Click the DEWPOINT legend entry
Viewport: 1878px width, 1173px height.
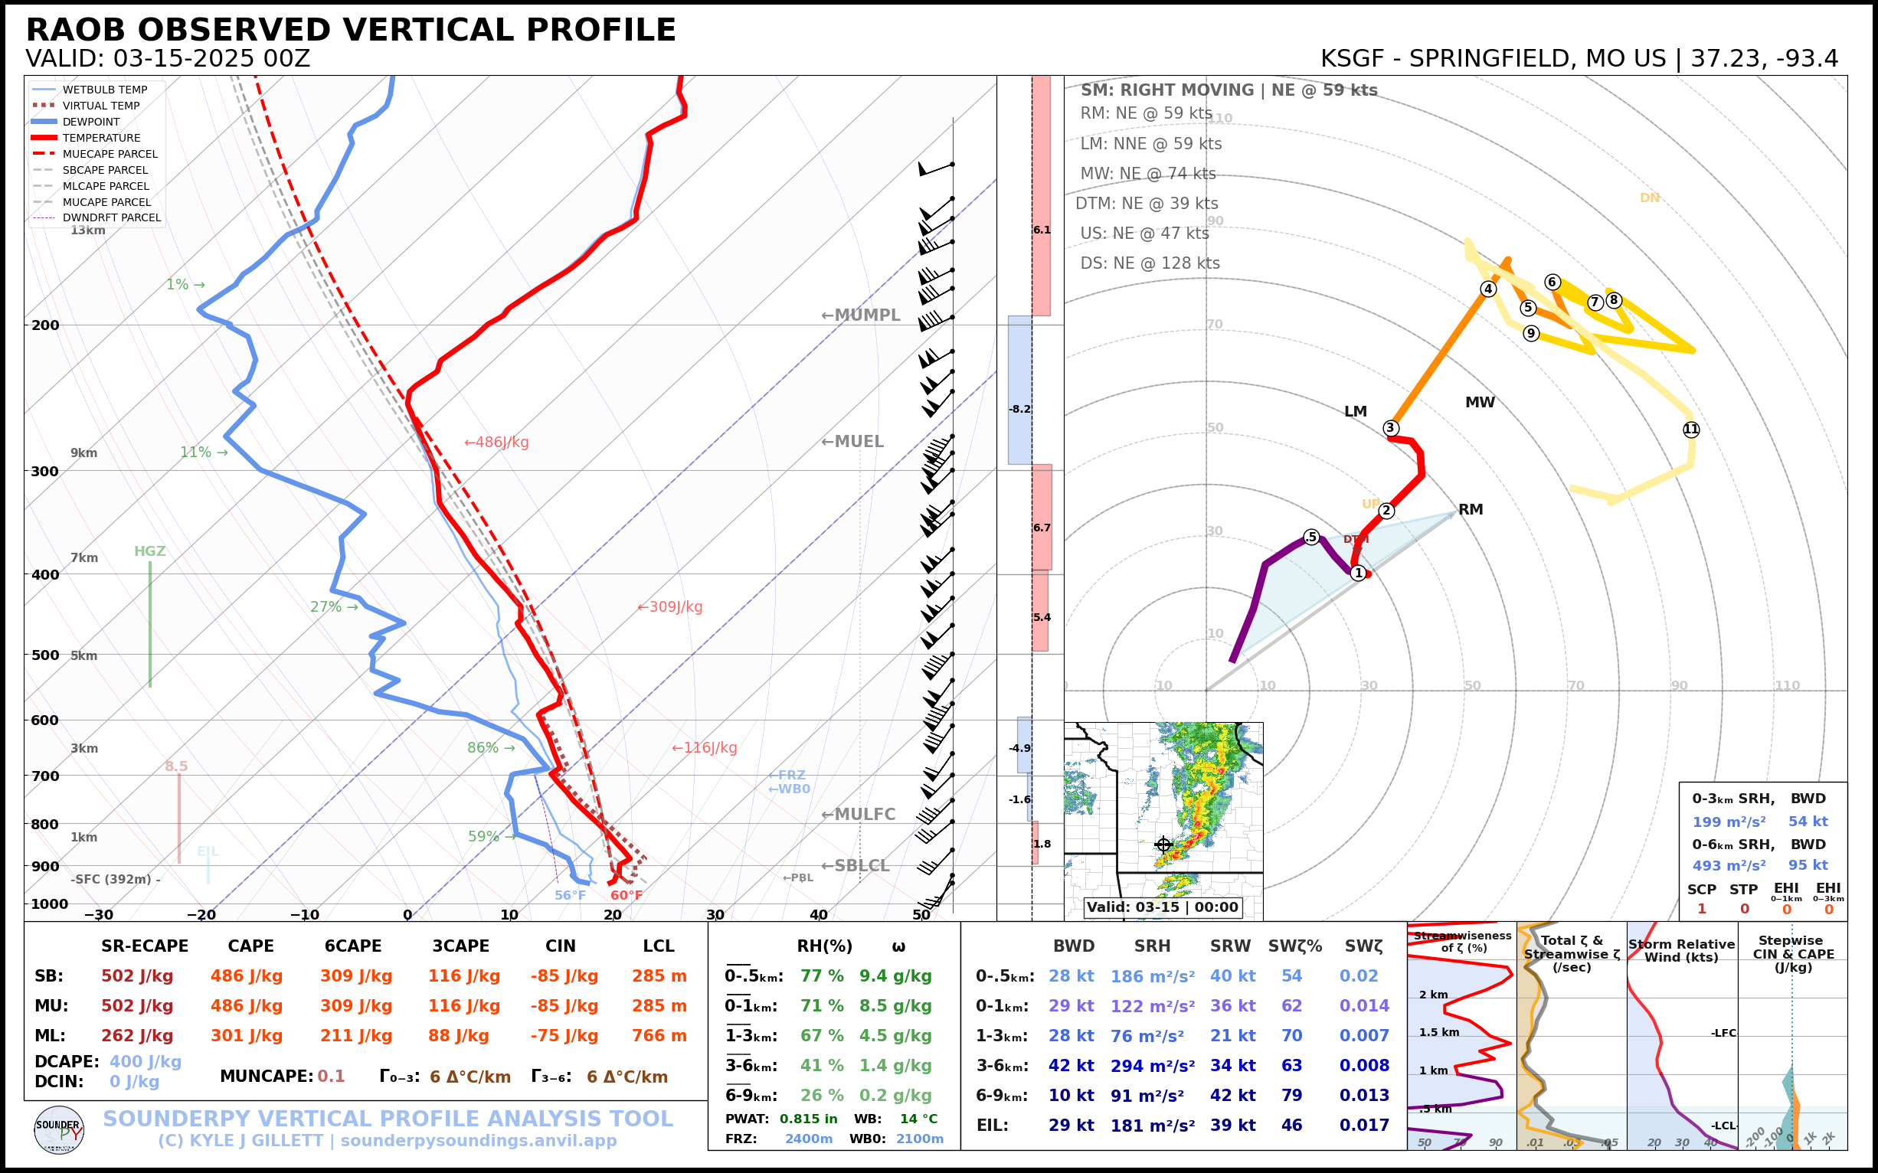click(x=91, y=122)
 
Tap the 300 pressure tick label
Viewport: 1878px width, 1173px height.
click(x=45, y=472)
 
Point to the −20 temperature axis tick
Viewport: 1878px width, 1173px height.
click(x=201, y=915)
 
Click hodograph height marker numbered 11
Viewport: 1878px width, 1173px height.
click(x=1691, y=430)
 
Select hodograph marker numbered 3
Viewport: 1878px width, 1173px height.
click(x=1391, y=428)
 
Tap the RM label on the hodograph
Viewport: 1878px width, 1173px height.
click(x=1471, y=510)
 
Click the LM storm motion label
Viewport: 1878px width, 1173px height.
click(x=1355, y=412)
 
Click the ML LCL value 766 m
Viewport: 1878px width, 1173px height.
click(x=659, y=1036)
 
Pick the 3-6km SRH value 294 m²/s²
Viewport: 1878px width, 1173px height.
click(x=1152, y=1066)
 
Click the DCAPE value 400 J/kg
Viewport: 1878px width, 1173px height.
click(x=145, y=1061)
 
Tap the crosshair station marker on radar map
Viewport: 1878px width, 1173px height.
click(x=1163, y=845)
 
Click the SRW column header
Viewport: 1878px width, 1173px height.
click(x=1230, y=946)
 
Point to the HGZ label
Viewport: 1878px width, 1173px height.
click(x=150, y=551)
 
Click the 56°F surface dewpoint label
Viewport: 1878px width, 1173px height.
click(x=570, y=895)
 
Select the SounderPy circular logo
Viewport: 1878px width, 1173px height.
click(x=59, y=1129)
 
